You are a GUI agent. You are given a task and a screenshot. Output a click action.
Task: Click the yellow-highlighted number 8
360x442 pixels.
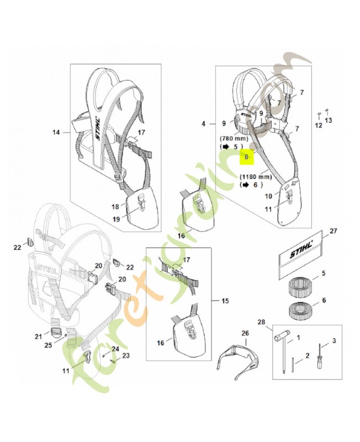[x=247, y=157]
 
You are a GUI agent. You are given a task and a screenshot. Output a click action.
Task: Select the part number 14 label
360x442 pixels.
[x=56, y=132]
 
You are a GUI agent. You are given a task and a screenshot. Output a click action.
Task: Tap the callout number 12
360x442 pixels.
[x=318, y=125]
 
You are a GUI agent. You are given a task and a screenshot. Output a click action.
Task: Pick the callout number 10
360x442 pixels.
[x=268, y=196]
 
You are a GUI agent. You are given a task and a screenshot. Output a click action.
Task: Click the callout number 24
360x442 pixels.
[x=115, y=349]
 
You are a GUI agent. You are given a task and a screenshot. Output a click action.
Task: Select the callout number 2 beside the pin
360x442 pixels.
[x=298, y=362]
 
